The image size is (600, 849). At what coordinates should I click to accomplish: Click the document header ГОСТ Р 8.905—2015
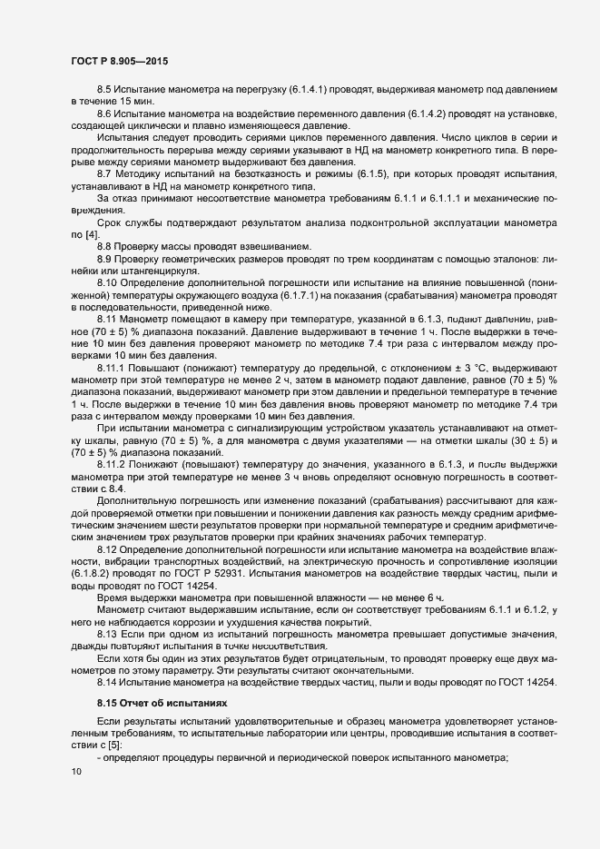pyautogui.click(x=118, y=61)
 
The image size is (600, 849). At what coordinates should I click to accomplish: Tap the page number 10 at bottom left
pyautogui.click(x=75, y=772)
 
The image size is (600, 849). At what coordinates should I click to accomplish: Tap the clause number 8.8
pyautogui.click(x=103, y=247)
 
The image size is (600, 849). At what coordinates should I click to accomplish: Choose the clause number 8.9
pyautogui.click(x=103, y=262)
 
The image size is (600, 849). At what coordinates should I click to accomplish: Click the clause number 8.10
pyautogui.click(x=106, y=284)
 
